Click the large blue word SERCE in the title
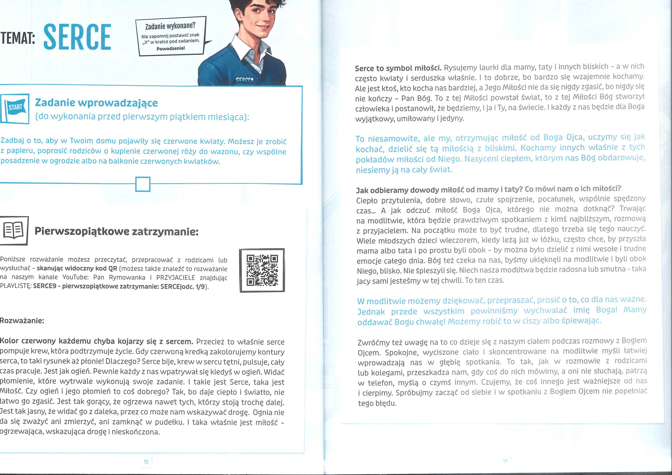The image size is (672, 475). pyautogui.click(x=77, y=37)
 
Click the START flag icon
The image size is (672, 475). pyautogui.click(x=15, y=108)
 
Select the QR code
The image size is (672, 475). pyautogui.click(x=262, y=270)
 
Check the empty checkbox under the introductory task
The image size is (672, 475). pyautogui.click(x=143, y=184)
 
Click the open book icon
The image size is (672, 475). pyautogui.click(x=14, y=231)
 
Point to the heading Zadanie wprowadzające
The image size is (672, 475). pyautogui.click(x=96, y=103)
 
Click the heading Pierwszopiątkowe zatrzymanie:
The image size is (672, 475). pyautogui.click(x=116, y=231)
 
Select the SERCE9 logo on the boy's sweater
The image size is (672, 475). pyautogui.click(x=244, y=80)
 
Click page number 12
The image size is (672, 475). pyautogui.click(x=146, y=462)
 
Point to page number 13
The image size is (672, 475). pyautogui.click(x=505, y=461)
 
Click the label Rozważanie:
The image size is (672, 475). pyautogui.click(x=22, y=320)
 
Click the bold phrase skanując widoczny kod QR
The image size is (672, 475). pyautogui.click(x=77, y=268)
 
